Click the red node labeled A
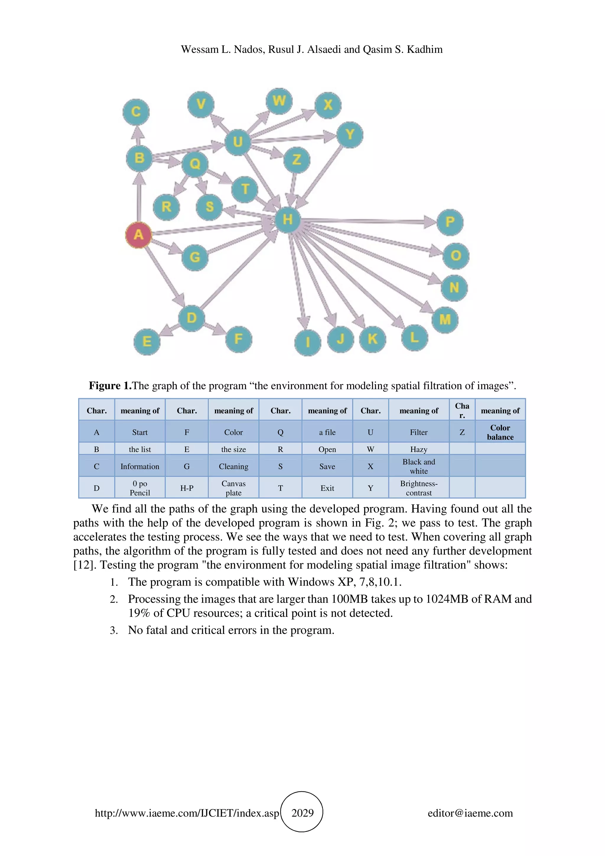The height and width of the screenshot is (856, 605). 138,235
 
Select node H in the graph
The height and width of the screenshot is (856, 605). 287,219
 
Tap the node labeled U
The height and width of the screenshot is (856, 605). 238,142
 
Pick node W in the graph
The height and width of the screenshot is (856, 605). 279,101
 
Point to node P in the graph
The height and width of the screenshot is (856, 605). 450,222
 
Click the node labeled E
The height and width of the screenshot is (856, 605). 147,341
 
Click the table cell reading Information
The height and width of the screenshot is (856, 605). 140,466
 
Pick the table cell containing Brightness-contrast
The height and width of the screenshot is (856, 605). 419,488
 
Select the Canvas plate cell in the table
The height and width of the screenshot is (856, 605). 233,488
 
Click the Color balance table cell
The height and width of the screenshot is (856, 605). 500,432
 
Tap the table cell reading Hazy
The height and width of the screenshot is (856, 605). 419,449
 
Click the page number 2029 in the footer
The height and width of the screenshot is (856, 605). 302,813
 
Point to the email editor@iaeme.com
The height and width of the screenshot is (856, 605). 470,813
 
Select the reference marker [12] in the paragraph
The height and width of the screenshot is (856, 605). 85,565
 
